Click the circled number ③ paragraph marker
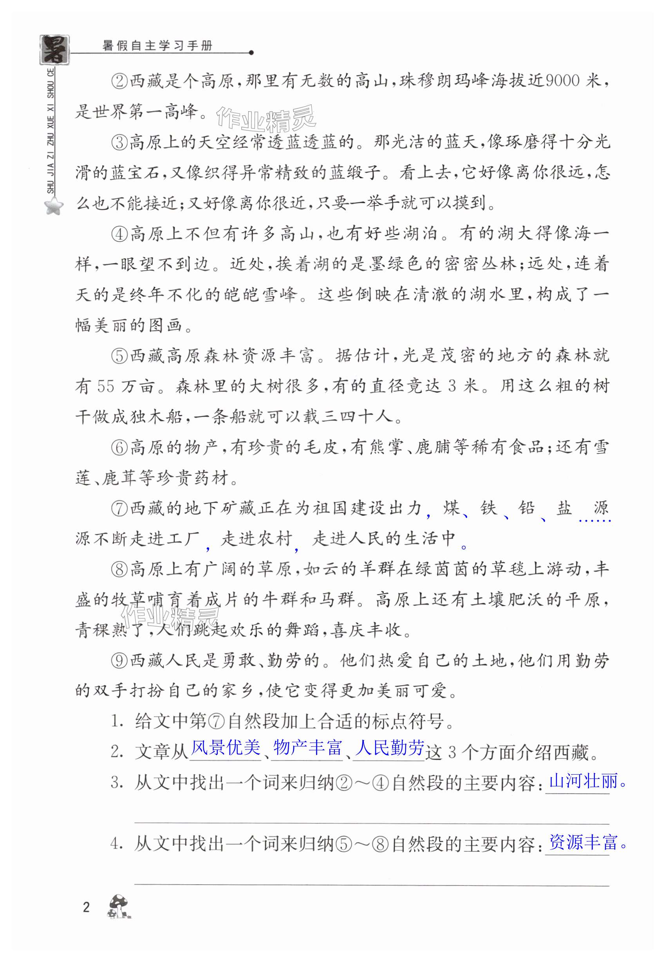pyautogui.click(x=119, y=143)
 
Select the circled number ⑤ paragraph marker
pyautogui.click(x=119, y=356)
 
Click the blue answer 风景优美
pyautogui.click(x=225, y=748)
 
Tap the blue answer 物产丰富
pyautogui.click(x=307, y=748)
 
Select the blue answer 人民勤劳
pyautogui.click(x=389, y=748)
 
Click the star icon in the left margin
pyautogui.click(x=54, y=206)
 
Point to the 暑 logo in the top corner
pyautogui.click(x=54, y=49)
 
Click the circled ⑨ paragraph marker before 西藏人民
pyautogui.click(x=119, y=661)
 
